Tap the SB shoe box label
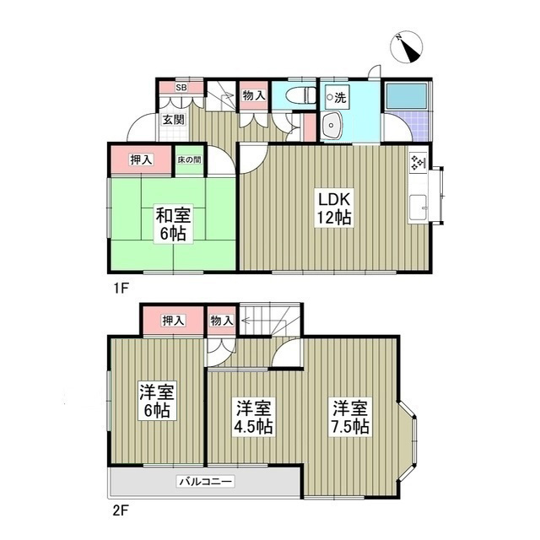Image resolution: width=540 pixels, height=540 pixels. coord(181,86)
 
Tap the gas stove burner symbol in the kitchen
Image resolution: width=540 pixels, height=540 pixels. coord(417,163)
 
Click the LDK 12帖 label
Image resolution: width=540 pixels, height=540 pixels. coord(334,208)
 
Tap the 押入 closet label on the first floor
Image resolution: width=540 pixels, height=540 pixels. coord(141,160)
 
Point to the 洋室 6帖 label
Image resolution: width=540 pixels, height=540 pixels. coord(155,401)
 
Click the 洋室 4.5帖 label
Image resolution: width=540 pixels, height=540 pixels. coord(253,418)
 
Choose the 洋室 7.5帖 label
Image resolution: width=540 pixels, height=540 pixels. coord(348,418)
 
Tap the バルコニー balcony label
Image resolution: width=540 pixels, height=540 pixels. coord(205,483)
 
